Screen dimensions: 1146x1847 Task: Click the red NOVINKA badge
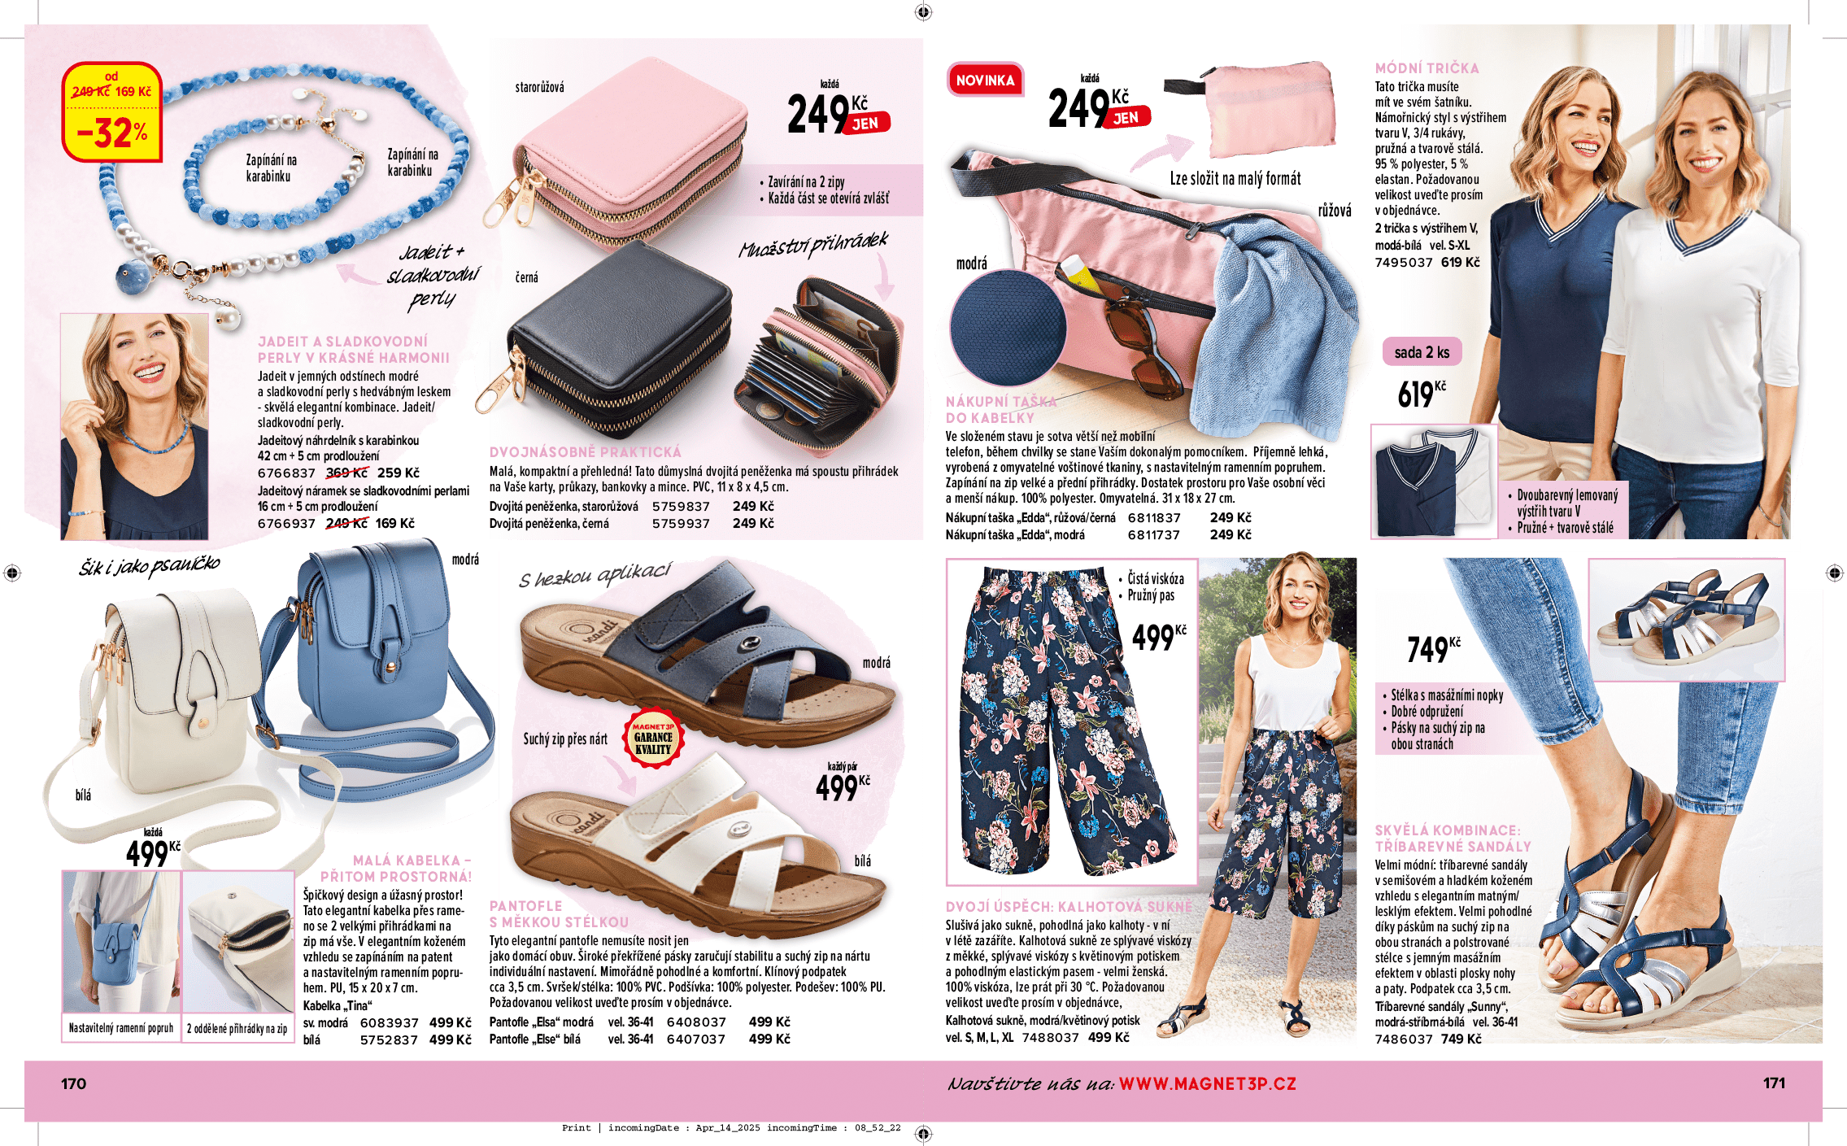(985, 81)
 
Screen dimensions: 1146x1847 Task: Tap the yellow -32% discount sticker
(112, 113)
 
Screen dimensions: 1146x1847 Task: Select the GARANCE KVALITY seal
(653, 739)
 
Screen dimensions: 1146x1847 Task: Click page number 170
(73, 1083)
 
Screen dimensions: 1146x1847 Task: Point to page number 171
(1774, 1083)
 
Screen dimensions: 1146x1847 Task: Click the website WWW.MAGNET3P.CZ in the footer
(1207, 1083)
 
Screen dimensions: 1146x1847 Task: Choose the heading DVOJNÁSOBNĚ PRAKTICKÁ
(586, 452)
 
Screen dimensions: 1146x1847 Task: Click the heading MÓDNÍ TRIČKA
(1427, 68)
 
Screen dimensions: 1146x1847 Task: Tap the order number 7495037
(1404, 263)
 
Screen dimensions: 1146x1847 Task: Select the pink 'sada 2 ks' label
(1422, 352)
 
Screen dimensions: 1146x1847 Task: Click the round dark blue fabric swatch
(1007, 327)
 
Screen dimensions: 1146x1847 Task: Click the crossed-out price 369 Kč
(346, 473)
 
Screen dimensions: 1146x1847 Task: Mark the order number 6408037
(696, 1022)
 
